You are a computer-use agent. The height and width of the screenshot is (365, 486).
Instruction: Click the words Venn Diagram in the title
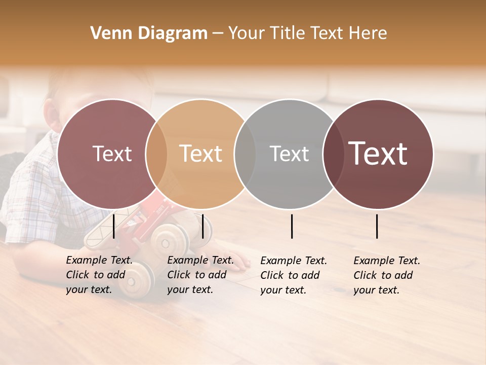point(149,33)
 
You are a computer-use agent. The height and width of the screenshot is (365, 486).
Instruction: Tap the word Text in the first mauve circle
point(112,154)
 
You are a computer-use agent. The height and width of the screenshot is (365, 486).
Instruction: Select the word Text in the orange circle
point(200,154)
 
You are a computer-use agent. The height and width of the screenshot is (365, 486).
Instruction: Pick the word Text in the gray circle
point(289,154)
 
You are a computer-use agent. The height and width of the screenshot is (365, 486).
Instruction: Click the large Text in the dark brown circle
point(378,154)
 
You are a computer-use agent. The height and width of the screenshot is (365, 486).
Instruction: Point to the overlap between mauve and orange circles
point(156,154)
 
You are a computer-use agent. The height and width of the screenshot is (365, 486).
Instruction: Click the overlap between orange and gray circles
point(245,154)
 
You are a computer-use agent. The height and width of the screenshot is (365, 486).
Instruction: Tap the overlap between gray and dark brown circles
point(333,154)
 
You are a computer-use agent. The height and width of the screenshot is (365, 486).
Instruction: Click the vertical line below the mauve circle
point(114,226)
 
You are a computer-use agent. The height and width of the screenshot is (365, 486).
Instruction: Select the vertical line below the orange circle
point(202,226)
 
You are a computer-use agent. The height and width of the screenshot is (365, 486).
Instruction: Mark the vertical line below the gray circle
point(292,226)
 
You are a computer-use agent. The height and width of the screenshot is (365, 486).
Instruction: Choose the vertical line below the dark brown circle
point(377,226)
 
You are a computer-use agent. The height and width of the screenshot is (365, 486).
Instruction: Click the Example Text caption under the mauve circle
point(99,275)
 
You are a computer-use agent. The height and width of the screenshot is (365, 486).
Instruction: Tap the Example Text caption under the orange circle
point(200,275)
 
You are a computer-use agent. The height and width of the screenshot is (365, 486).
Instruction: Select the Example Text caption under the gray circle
point(294,275)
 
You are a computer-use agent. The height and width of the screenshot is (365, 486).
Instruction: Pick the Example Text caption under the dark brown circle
point(387,275)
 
